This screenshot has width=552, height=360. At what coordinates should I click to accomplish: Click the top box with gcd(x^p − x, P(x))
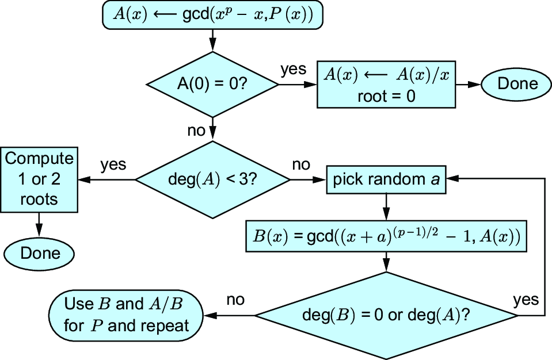[212, 15]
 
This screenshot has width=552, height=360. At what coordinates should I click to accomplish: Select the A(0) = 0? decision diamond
[212, 85]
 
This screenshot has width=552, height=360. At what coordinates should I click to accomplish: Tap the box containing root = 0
[386, 85]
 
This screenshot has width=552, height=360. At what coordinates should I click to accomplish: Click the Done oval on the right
[516, 84]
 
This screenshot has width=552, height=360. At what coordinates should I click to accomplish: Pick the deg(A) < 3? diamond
[212, 179]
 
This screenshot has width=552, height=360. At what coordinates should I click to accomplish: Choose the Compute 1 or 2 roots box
[39, 179]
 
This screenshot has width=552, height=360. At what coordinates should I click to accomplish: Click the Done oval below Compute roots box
[39, 254]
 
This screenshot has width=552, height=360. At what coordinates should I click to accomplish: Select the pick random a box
[386, 179]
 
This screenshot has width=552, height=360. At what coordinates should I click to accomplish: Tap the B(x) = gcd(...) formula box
[386, 236]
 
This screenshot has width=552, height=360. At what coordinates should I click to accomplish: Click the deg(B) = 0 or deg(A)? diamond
[386, 316]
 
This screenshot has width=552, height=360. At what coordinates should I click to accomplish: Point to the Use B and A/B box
[125, 316]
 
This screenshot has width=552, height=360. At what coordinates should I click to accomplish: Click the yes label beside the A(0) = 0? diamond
[293, 69]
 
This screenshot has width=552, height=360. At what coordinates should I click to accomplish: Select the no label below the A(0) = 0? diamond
[196, 131]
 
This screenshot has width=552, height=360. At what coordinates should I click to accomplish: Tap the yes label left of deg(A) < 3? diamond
[113, 164]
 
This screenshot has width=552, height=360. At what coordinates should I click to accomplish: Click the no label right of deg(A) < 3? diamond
[301, 164]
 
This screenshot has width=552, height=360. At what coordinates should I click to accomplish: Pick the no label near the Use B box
[235, 300]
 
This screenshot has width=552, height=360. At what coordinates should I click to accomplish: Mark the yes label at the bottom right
[526, 300]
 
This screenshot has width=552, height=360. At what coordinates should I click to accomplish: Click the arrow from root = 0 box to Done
[468, 85]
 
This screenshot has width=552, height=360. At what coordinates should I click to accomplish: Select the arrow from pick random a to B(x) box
[386, 207]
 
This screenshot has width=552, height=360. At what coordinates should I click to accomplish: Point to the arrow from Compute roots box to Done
[39, 225]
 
